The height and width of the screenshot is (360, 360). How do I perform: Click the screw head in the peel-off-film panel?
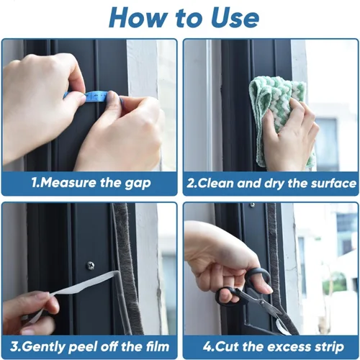click(x=90, y=266)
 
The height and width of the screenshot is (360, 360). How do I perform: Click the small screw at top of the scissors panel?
click(x=252, y=204)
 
